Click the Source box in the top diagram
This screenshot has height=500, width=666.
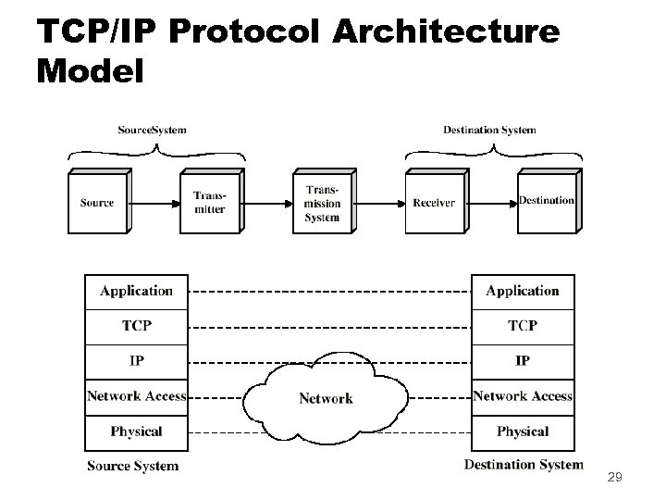[97, 203]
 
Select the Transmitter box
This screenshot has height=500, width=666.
[209, 203]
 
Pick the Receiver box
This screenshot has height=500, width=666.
[434, 203]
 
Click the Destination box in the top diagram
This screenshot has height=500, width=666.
[546, 202]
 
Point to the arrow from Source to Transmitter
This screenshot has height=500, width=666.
[154, 203]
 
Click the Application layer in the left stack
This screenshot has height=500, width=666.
[136, 291]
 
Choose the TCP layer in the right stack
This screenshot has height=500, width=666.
[523, 326]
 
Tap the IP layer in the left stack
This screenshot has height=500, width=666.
[136, 360]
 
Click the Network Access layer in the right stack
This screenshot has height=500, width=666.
[523, 396]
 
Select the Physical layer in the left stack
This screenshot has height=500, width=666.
[136, 431]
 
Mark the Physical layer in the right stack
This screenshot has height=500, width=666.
[523, 431]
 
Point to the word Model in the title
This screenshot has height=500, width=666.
[91, 71]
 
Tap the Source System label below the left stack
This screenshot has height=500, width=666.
[132, 466]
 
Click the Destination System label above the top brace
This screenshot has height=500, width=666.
[489, 130]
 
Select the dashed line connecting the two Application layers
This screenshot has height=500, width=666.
[329, 292]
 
